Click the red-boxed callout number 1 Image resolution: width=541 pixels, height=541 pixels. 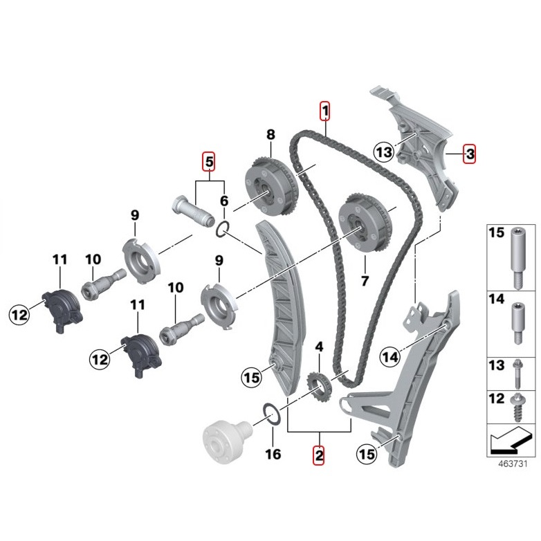tap(324, 111)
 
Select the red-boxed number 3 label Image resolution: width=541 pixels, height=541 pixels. tap(470, 154)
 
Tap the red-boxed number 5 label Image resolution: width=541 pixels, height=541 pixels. tap(209, 161)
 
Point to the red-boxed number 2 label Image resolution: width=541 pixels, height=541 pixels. tap(318, 455)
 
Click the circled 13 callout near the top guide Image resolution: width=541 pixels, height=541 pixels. tap(385, 152)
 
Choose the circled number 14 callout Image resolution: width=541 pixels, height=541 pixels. tap(390, 357)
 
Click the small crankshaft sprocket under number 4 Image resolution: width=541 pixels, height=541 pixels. tap(318, 389)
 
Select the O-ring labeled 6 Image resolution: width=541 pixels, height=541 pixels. tap(223, 230)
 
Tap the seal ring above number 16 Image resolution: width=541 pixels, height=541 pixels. tap(272, 414)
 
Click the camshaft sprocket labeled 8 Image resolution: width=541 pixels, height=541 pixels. tap(270, 185)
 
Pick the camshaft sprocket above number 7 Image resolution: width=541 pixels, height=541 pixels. tap(365, 223)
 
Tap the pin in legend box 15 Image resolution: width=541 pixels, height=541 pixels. tap(517, 257)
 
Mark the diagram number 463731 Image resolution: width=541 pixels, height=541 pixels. tap(513, 464)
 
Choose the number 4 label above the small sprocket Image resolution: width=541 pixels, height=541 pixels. tap(319, 347)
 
